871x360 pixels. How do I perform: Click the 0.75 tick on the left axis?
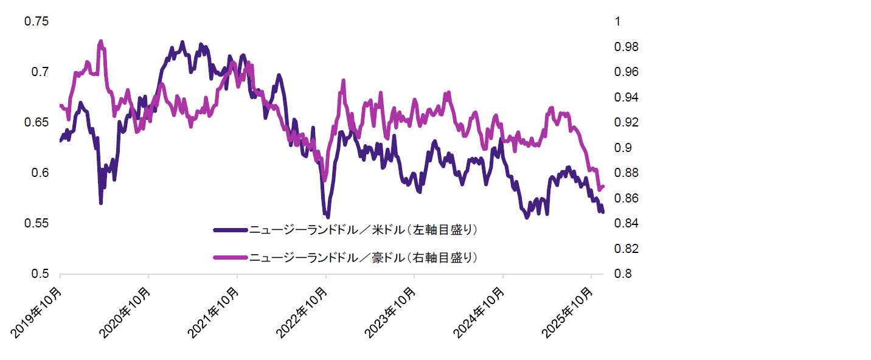pyautogui.click(x=36, y=21)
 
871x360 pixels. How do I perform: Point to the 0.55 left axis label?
pyautogui.click(x=36, y=224)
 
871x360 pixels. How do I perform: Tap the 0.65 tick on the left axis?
pyautogui.click(x=36, y=123)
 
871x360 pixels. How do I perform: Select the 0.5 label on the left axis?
pyautogui.click(x=40, y=274)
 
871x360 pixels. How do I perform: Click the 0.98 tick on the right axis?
pyautogui.click(x=626, y=47)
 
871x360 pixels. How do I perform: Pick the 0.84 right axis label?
pyautogui.click(x=626, y=224)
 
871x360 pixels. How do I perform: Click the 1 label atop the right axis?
pyautogui.click(x=619, y=21)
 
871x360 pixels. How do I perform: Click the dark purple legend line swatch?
pyautogui.click(x=231, y=230)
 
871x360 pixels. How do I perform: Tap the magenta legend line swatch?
pyautogui.click(x=231, y=258)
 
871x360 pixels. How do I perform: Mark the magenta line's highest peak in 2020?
pyautogui.click(x=101, y=41)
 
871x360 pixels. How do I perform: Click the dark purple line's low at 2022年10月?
pyautogui.click(x=328, y=216)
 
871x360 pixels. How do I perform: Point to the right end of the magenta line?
pyautogui.click(x=602, y=187)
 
